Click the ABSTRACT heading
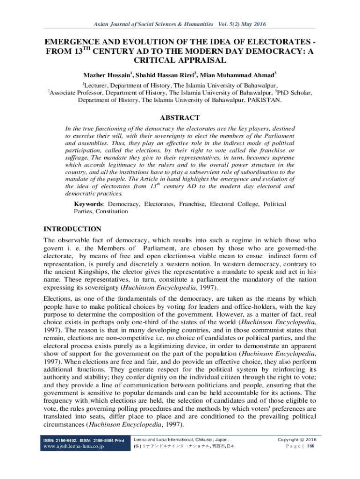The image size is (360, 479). (x=180, y=118)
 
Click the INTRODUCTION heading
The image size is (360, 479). (x=72, y=229)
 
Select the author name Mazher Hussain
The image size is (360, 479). (x=105, y=75)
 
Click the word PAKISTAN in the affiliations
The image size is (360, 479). (x=263, y=100)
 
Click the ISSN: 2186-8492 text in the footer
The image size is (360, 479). (x=59, y=440)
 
